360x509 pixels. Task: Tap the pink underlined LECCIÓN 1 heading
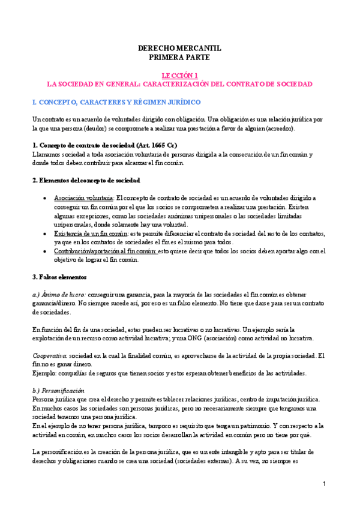[x=179, y=76]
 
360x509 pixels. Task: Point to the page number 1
[x=324, y=484]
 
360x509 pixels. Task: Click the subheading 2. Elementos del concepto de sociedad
[x=86, y=180]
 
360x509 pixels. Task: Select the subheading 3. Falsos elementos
[x=59, y=277]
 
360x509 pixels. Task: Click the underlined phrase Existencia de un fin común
[x=90, y=233]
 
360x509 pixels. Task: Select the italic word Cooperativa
[x=50, y=356]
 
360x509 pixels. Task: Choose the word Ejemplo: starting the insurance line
[x=44, y=373]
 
